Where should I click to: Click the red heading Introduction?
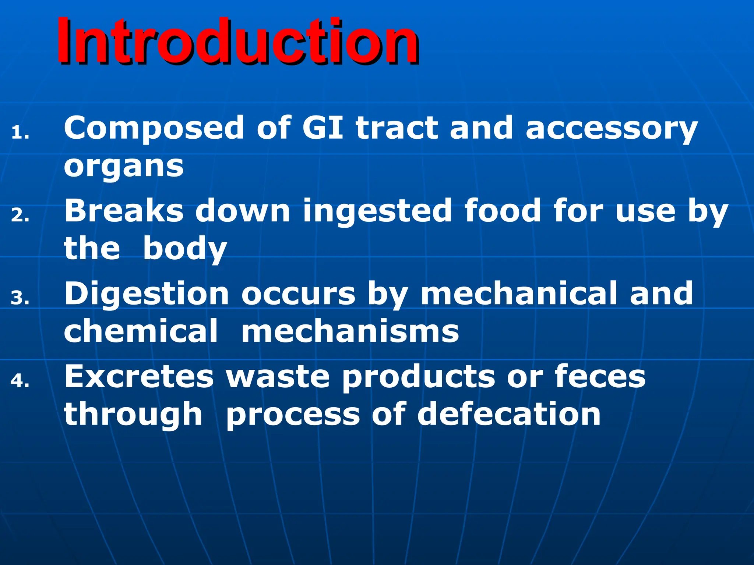[237, 41]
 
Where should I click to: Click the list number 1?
[20, 133]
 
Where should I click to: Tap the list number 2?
[20, 215]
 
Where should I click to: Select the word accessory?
[611, 129]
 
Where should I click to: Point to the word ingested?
[377, 212]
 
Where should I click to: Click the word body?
[185, 249]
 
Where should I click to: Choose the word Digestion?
[147, 294]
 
